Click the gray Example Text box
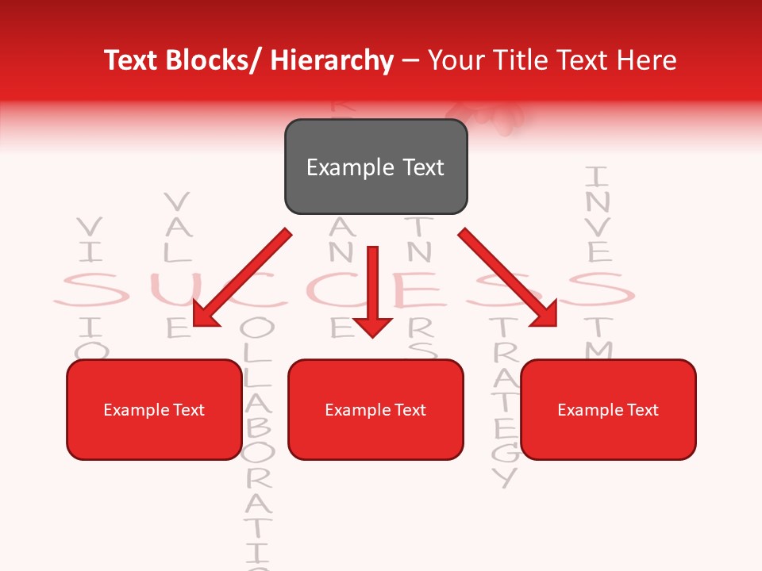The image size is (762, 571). [375, 167]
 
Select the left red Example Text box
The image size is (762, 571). [154, 409]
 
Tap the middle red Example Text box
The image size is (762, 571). [375, 409]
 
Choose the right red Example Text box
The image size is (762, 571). [608, 409]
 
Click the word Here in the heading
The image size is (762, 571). [647, 60]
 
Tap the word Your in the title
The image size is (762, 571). [455, 60]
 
